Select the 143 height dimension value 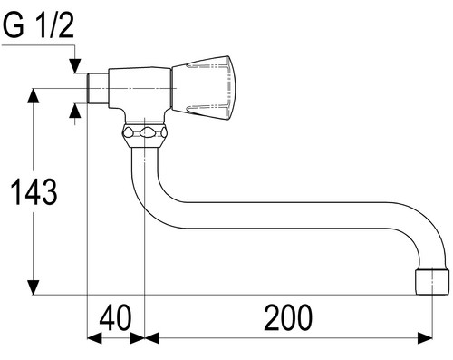click(x=34, y=192)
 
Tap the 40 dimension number click(x=116, y=317)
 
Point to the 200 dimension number click(x=288, y=317)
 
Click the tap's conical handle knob click(x=203, y=88)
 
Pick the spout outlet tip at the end click(x=432, y=281)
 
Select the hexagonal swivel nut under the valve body click(x=145, y=134)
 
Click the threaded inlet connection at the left click(x=98, y=88)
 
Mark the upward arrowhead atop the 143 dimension click(x=33, y=95)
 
